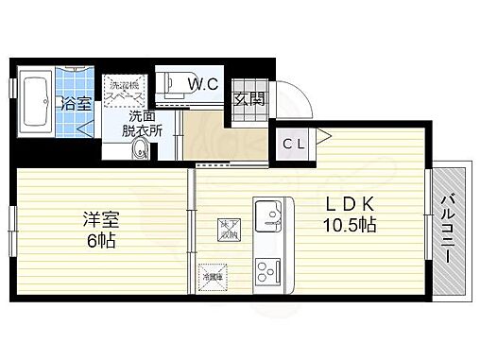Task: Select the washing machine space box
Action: [125, 90]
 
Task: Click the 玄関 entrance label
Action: [249, 97]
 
